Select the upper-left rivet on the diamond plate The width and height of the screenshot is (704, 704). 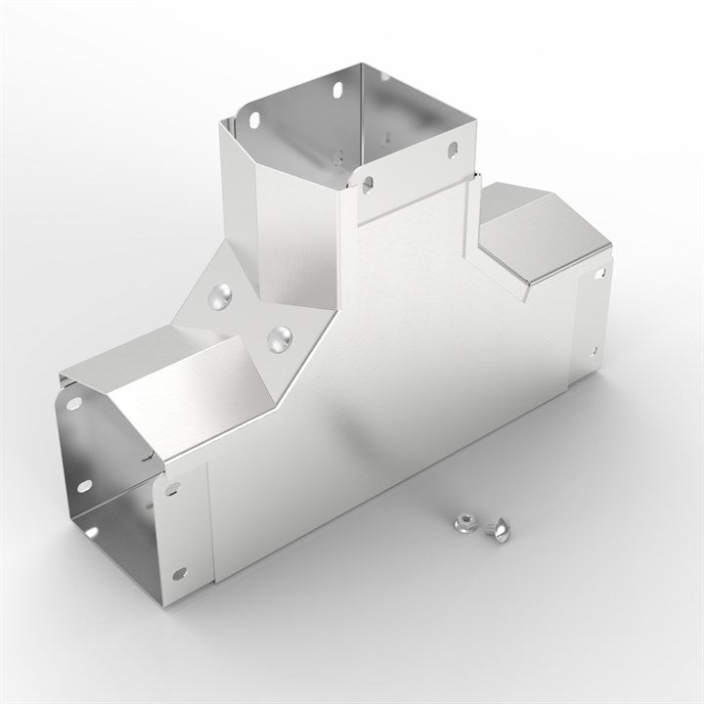(x=224, y=292)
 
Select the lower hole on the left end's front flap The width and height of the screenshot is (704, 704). (x=179, y=574)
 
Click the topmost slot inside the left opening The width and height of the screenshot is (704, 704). (x=72, y=403)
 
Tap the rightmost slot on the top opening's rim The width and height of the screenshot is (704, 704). (x=452, y=150)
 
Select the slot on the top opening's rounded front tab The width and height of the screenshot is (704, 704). (x=367, y=184)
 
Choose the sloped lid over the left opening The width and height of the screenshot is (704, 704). (x=156, y=391)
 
